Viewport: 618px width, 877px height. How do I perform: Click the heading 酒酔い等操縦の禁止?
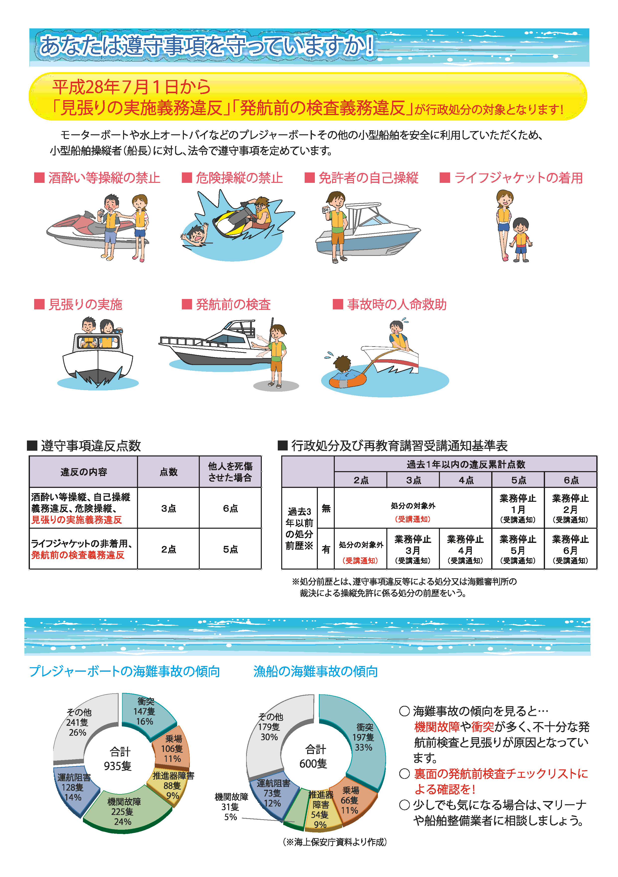[x=104, y=178]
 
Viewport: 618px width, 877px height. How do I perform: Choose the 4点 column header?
[x=466, y=480]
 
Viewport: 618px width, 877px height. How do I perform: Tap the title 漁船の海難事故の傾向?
[x=316, y=671]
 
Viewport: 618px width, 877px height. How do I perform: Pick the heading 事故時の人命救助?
[x=397, y=304]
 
